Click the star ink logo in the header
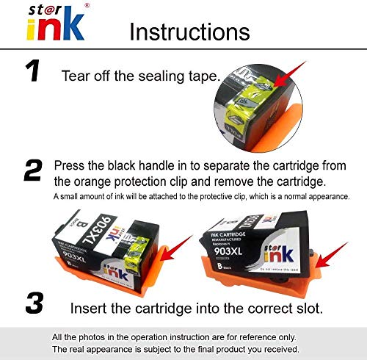(x=57, y=22)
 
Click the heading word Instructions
(x=189, y=32)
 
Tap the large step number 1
(x=32, y=71)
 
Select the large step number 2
(x=33, y=170)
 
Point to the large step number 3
(x=34, y=303)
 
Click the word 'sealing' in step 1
(x=161, y=76)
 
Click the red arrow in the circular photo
(x=290, y=74)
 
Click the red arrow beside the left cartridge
(x=177, y=248)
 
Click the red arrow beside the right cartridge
(x=332, y=255)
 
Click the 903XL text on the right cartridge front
(x=228, y=251)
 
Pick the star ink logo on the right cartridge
(x=279, y=253)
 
